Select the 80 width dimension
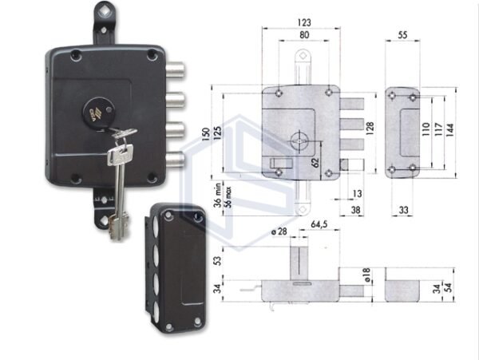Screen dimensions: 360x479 click(x=302, y=36)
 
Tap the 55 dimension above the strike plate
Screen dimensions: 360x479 click(x=403, y=36)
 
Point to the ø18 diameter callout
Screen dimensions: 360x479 click(x=366, y=275)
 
